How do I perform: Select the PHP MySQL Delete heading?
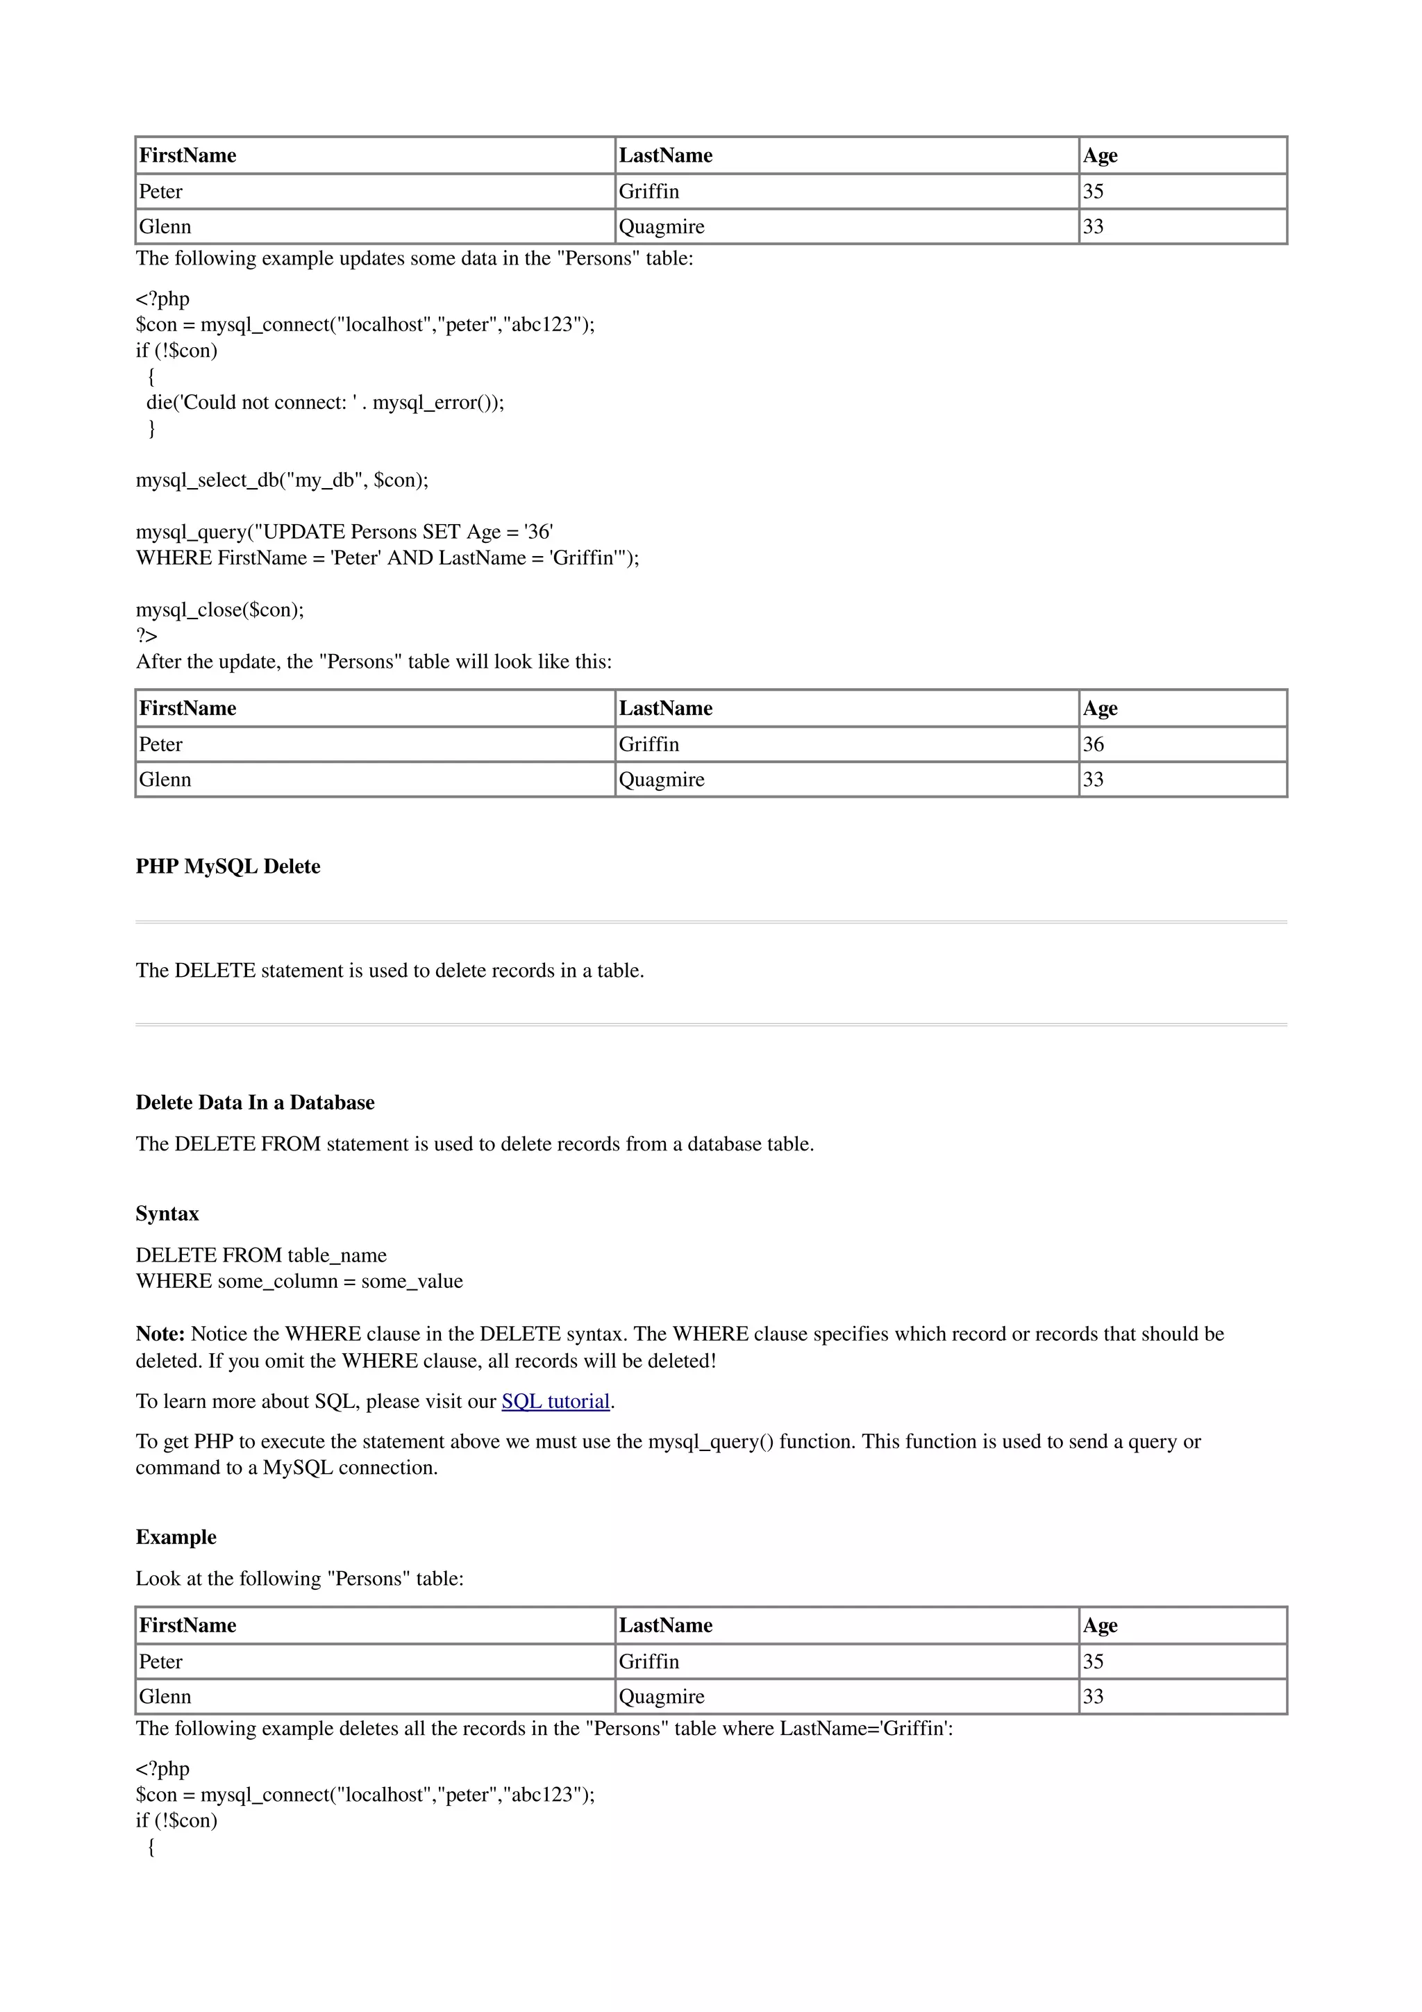coord(228,866)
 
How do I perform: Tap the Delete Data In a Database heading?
coord(255,1103)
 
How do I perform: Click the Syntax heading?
coord(167,1214)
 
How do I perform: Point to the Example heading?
coord(176,1537)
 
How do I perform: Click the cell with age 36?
coord(1094,745)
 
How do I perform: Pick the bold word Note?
coord(160,1334)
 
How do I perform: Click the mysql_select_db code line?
coord(282,480)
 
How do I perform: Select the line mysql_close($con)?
coord(220,610)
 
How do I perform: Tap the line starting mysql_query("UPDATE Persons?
coord(344,532)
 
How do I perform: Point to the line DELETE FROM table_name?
coord(261,1256)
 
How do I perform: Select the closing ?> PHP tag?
coord(147,635)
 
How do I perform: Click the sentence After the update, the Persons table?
coord(374,662)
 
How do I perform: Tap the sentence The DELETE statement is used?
coord(390,971)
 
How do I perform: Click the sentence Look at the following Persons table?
coord(300,1578)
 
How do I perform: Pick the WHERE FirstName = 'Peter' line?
coord(387,558)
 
